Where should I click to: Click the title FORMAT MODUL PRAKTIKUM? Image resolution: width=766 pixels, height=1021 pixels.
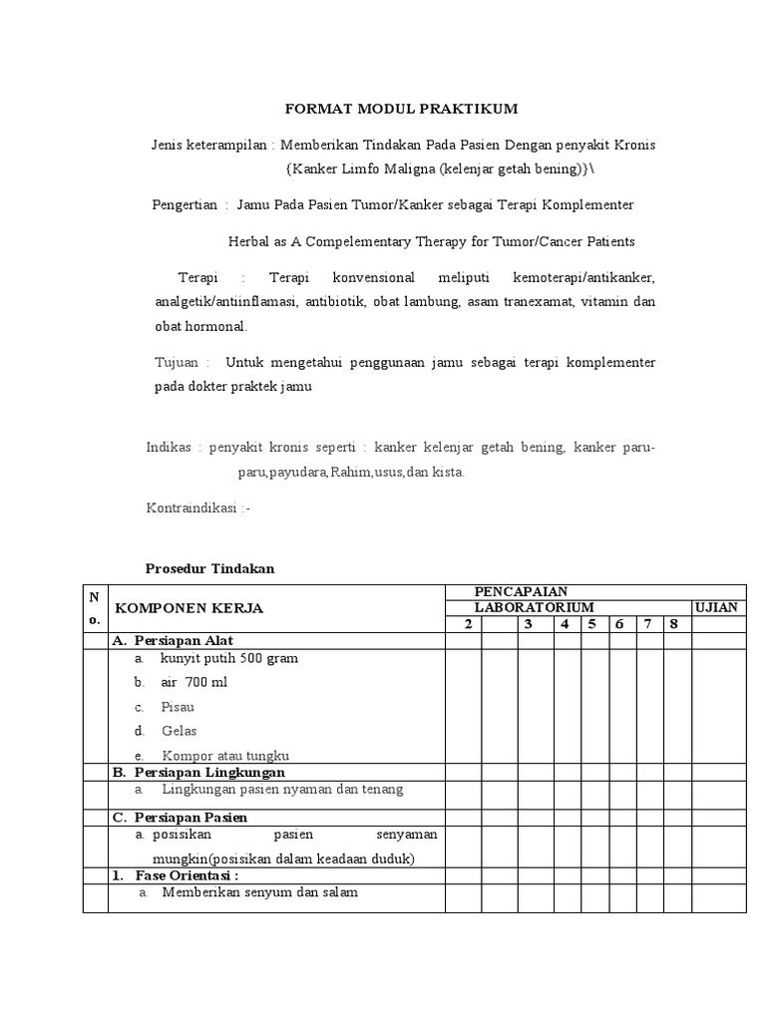(402, 108)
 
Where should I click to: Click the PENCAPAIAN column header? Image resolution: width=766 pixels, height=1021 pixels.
(521, 591)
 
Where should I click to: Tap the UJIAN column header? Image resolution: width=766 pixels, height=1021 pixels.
(717, 607)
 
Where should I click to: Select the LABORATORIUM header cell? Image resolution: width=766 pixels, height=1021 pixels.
(534, 607)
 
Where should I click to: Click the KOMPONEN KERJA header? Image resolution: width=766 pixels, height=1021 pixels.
(190, 607)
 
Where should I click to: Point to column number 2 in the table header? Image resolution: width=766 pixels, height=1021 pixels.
(464, 624)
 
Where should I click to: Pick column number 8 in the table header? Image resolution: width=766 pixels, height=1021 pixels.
(674, 624)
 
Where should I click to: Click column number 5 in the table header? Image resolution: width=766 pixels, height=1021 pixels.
(591, 624)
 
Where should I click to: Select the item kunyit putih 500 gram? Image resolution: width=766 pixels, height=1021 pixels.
(228, 658)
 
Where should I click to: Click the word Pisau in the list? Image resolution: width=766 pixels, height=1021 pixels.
(178, 706)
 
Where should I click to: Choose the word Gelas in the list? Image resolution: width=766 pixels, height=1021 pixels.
(180, 731)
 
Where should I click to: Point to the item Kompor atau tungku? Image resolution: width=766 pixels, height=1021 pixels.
(224, 755)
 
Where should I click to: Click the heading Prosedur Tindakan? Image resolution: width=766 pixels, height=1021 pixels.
(209, 568)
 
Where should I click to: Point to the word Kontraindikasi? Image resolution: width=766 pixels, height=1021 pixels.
(191, 508)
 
